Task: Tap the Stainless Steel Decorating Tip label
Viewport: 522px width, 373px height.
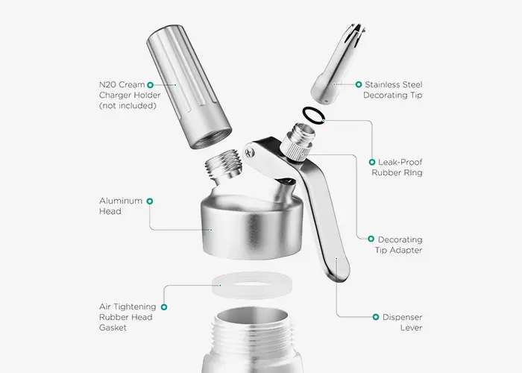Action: click(393, 90)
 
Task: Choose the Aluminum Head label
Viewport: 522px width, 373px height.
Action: click(121, 206)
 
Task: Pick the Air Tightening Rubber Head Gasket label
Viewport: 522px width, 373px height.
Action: click(127, 316)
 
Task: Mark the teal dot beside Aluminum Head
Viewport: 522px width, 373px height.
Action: click(150, 201)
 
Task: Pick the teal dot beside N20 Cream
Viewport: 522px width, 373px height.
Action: click(150, 85)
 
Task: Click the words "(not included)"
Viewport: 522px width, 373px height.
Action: click(127, 105)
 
